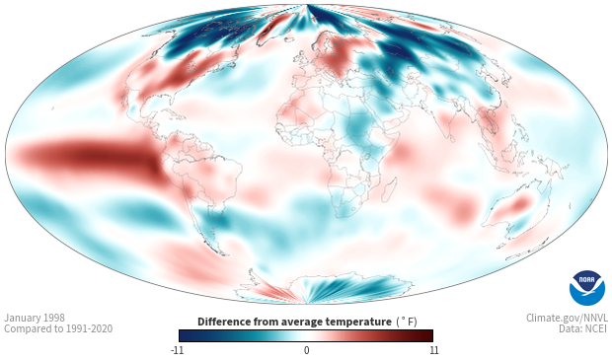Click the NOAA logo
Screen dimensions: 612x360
[x=587, y=288]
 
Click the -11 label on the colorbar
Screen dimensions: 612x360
[x=177, y=350]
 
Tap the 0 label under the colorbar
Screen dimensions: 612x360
[x=306, y=350]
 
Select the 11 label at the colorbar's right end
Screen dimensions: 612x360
[x=434, y=350]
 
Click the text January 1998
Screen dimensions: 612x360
[x=35, y=318]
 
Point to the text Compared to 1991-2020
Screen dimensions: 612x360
[x=58, y=328]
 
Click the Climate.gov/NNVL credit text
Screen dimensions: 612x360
[x=567, y=318]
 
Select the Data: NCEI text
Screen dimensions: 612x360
[x=583, y=328]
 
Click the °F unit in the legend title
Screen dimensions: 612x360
[x=407, y=322]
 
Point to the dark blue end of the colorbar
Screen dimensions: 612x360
[x=185, y=335]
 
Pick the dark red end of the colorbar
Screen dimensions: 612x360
[x=427, y=335]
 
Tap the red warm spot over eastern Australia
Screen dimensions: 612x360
[x=520, y=204]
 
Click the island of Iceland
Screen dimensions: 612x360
[x=287, y=39]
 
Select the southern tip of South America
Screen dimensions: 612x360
[x=222, y=253]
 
